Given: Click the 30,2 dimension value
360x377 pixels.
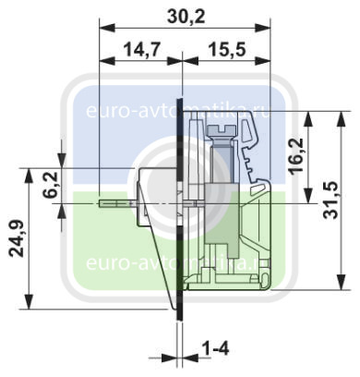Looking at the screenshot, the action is [x=186, y=17].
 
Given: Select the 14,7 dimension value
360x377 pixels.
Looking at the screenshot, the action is [x=142, y=50].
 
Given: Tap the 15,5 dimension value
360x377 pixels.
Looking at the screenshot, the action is [x=227, y=50].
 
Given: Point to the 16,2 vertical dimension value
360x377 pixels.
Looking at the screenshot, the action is [x=297, y=156].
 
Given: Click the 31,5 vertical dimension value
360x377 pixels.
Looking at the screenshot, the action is [x=331, y=201].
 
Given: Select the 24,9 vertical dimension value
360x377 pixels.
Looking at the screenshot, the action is [x=16, y=238].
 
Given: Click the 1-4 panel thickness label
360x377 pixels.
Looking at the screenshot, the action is [x=216, y=349].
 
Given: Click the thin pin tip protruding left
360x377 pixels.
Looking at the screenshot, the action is [x=102, y=204].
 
